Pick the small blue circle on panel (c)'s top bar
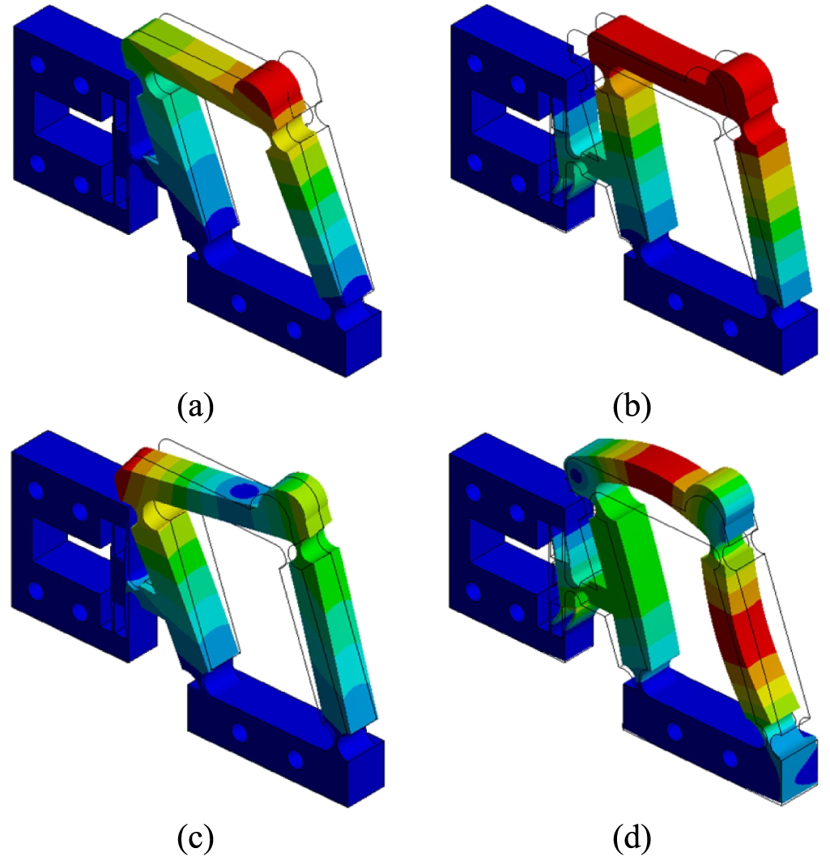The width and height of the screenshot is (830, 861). click(240, 491)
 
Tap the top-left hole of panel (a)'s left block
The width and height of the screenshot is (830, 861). click(36, 62)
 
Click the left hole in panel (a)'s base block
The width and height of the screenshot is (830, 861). click(238, 305)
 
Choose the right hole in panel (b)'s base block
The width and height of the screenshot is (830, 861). click(731, 329)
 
